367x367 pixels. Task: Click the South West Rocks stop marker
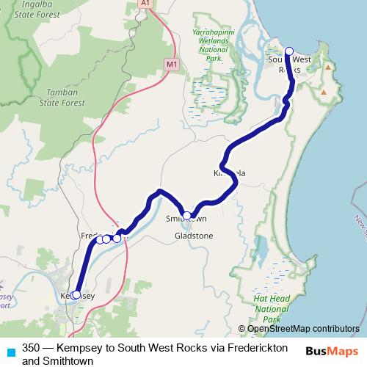(288, 51)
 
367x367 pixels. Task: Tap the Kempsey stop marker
(76, 294)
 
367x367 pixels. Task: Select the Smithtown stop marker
(187, 216)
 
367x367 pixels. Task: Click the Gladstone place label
(194, 236)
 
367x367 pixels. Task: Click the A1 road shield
(145, 4)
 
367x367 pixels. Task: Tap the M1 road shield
(172, 65)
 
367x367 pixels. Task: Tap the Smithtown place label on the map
(186, 219)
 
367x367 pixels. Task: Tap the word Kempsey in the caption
(86, 347)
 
